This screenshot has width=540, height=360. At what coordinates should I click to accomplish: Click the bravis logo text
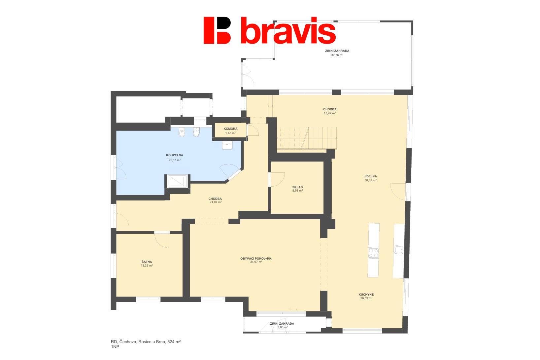[288, 30]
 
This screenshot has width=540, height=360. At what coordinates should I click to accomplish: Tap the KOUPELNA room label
[175, 155]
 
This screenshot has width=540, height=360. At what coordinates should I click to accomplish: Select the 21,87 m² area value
[175, 160]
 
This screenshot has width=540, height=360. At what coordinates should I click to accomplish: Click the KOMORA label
[230, 129]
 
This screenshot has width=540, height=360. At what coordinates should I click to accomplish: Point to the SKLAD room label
[297, 187]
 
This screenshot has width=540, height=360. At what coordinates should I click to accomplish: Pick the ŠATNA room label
[147, 262]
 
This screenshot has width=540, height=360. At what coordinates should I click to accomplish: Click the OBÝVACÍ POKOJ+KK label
[256, 259]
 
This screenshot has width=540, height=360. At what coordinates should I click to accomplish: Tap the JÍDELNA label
[370, 176]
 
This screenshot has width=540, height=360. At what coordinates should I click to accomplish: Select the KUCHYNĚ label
[366, 295]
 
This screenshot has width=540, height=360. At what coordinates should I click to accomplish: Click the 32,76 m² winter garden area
[337, 55]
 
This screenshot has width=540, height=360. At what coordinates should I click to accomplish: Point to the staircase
[307, 138]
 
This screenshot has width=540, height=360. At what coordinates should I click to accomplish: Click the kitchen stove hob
[373, 253]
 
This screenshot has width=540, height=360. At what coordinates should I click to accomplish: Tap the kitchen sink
[399, 250]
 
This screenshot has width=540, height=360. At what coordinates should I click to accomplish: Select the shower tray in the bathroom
[177, 181]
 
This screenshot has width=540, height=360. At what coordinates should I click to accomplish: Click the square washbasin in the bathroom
[227, 146]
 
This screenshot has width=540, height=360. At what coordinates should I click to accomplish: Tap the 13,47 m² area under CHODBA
[330, 113]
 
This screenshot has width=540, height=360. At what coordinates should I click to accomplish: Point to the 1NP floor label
[115, 347]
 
